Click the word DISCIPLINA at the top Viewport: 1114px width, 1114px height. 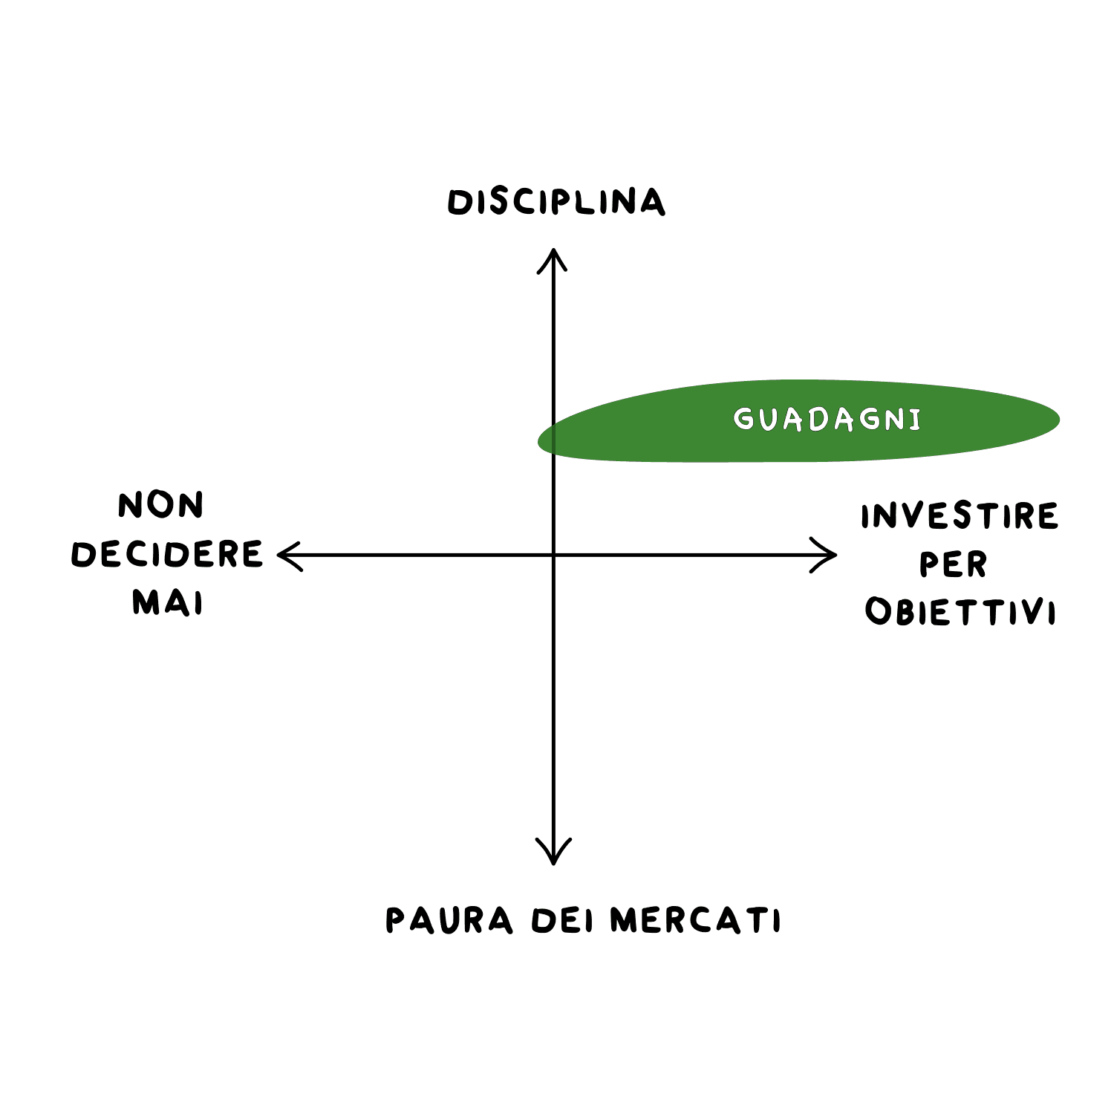click(556, 202)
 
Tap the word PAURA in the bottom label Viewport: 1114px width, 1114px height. click(449, 920)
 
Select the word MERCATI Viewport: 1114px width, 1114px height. click(695, 920)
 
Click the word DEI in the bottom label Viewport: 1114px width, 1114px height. click(562, 921)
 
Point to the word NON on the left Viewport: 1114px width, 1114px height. click(160, 506)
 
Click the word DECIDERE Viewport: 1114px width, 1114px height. click(167, 554)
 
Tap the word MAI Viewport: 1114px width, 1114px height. click(167, 602)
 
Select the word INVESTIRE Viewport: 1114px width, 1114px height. click(960, 516)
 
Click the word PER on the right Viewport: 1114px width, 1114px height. click(954, 564)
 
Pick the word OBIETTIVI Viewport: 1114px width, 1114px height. click(960, 612)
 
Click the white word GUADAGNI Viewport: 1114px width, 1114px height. click(827, 420)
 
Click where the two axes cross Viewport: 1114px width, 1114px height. click(553, 555)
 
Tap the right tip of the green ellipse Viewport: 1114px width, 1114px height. click(1058, 420)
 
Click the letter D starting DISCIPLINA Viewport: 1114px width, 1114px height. click(460, 203)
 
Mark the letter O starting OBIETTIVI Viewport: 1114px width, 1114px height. click(879, 612)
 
